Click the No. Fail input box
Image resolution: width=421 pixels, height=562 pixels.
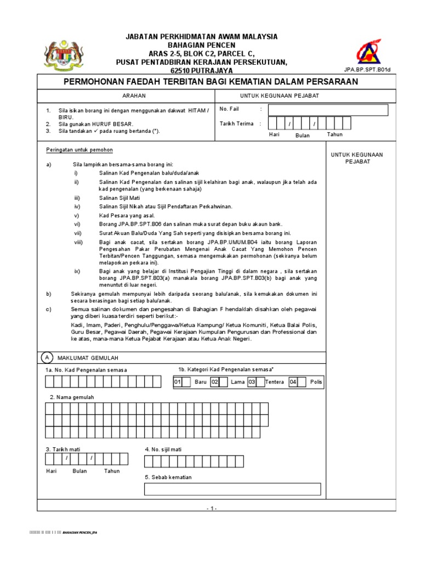click(x=328, y=110)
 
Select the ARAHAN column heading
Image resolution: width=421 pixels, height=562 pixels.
click(x=126, y=95)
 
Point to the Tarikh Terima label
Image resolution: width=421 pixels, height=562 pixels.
click(x=236, y=124)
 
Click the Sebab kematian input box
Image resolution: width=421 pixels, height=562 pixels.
click(x=232, y=488)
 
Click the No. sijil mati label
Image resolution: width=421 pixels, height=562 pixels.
click(x=163, y=449)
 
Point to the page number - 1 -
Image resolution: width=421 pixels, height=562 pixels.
click(x=212, y=509)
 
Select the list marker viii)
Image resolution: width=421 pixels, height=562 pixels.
click(x=78, y=242)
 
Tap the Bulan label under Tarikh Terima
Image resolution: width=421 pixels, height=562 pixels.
click(x=303, y=136)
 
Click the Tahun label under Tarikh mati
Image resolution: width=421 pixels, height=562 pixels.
click(x=112, y=471)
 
